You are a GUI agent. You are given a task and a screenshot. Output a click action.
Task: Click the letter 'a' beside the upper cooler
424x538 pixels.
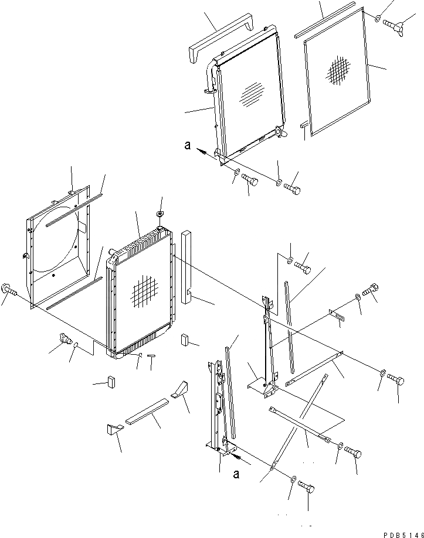pos(187,147)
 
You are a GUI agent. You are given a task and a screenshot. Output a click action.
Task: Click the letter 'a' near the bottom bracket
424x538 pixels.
pos(236,474)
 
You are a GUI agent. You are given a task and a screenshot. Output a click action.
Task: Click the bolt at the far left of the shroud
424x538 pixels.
pos(10,289)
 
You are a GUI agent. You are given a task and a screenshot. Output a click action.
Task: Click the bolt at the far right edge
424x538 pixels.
pos(396,381)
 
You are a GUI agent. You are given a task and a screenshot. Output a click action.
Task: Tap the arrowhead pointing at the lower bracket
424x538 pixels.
pos(236,452)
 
